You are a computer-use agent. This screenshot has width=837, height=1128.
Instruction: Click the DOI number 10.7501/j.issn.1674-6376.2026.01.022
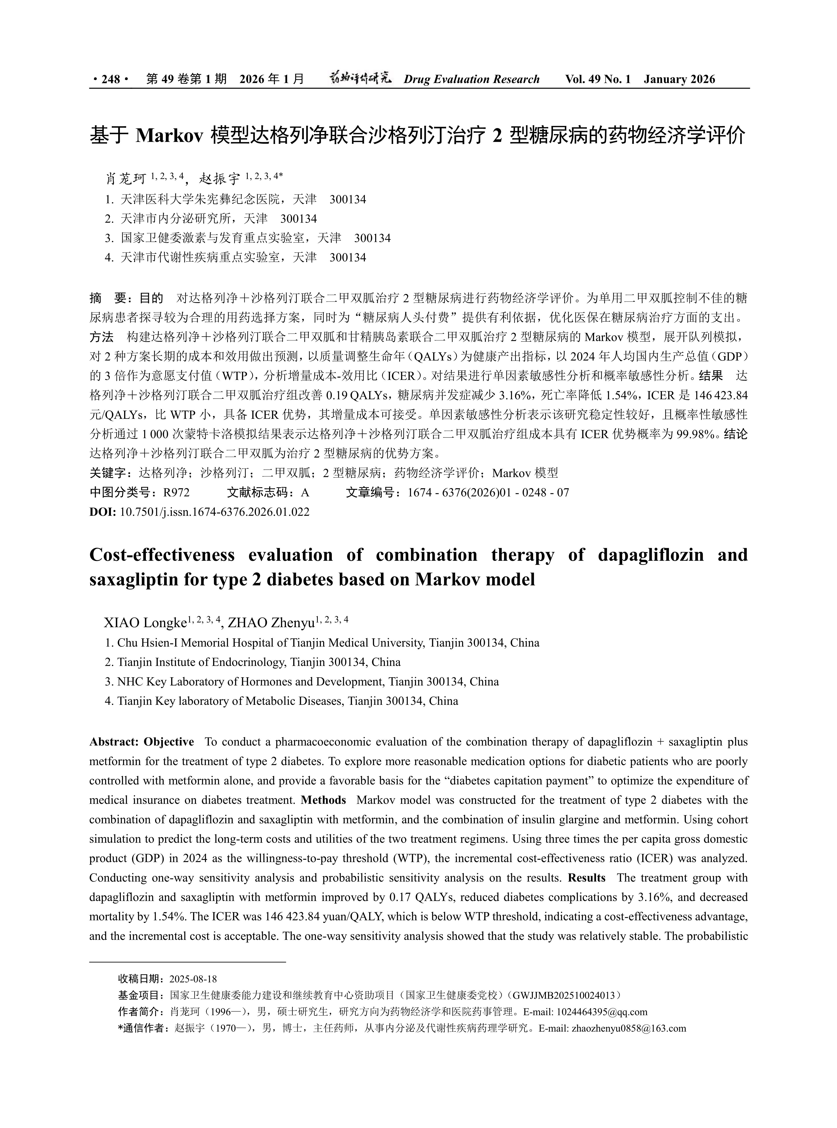pyautogui.click(x=214, y=512)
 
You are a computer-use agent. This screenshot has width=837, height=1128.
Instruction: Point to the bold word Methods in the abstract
pyautogui.click(x=323, y=800)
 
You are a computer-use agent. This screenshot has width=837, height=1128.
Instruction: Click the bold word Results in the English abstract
pyautogui.click(x=587, y=878)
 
